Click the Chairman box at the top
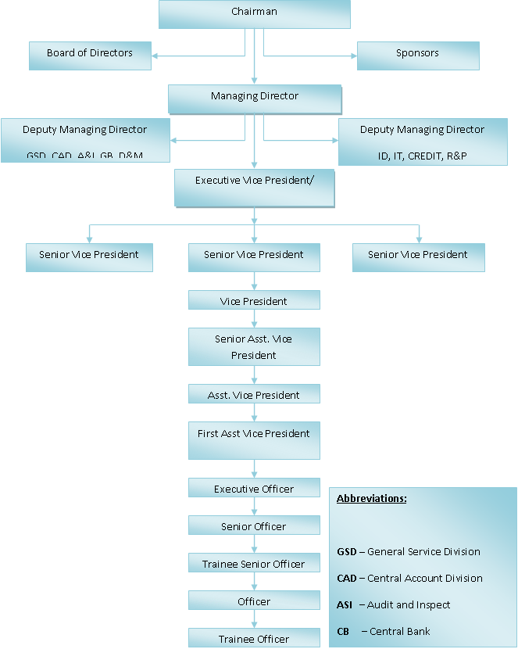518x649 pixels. point(254,13)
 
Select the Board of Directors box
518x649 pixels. point(90,55)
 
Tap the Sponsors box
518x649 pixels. point(417,55)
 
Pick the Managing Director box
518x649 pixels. point(255,98)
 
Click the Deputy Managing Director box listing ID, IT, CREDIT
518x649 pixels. point(423,142)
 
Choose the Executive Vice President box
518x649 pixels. point(254,188)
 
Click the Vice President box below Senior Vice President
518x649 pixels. point(254,301)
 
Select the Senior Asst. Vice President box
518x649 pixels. point(254,346)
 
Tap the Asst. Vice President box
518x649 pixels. point(254,395)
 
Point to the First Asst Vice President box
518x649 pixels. point(254,439)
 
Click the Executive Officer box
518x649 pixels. point(254,489)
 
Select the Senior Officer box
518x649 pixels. point(254,526)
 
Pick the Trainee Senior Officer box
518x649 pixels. point(254,564)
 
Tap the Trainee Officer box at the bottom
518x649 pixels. point(254,639)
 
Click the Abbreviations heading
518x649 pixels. point(372,499)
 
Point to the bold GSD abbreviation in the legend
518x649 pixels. point(346,552)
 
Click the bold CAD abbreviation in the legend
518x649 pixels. point(346,579)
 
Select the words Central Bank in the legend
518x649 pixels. point(400,632)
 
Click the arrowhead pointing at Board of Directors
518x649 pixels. point(155,56)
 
